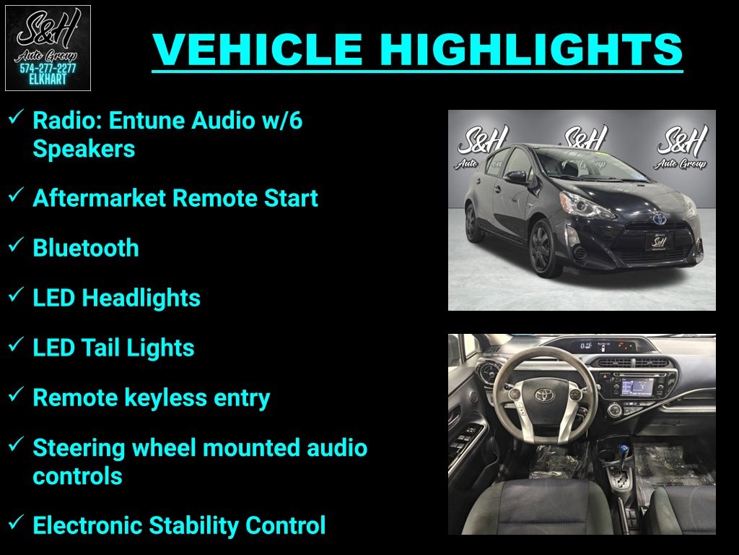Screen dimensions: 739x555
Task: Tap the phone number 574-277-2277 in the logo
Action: pos(48,69)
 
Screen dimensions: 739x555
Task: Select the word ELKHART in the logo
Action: pos(48,79)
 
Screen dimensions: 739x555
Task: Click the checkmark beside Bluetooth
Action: pos(16,244)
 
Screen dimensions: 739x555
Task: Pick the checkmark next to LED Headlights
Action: pos(16,294)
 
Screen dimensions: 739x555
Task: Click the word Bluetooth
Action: pos(86,248)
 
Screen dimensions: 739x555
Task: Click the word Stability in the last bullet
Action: pos(193,525)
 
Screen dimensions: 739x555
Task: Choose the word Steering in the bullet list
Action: pos(79,448)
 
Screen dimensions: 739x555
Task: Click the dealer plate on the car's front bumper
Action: pos(659,241)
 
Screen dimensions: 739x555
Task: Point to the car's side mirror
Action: pos(517,177)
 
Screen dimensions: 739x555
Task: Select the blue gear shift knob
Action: pos(624,447)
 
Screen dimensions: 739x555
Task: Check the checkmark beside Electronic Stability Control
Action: pos(16,522)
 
